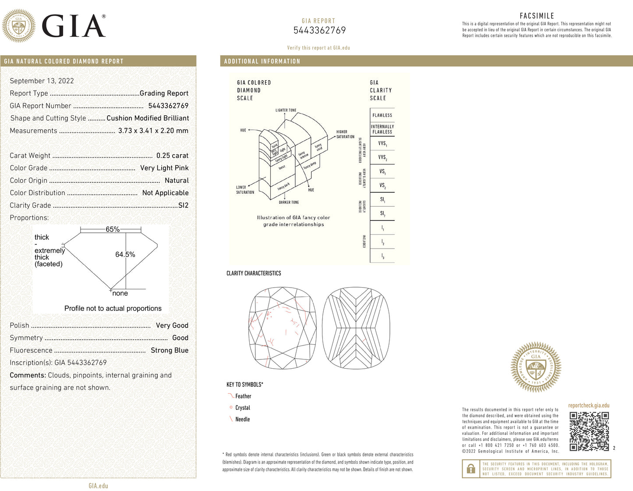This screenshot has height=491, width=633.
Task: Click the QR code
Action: coord(589,431)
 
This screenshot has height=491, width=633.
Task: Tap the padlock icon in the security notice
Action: coord(471,469)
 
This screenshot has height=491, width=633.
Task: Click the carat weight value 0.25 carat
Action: coord(172,156)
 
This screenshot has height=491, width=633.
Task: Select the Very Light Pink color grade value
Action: coord(164,168)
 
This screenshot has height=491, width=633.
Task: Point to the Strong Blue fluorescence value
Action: coord(170,350)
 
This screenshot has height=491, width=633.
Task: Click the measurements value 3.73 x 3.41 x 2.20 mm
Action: coord(153,131)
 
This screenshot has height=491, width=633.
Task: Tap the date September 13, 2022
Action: coord(42,81)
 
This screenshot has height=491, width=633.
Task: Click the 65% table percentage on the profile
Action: coord(113,229)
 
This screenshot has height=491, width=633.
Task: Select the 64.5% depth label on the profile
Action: coord(125,254)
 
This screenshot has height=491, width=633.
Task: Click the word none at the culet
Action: coord(120,293)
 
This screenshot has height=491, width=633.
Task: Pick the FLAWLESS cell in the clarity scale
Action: coord(382,115)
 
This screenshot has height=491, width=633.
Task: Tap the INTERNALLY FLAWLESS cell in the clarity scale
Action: coord(382,129)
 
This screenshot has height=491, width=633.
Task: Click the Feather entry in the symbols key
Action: coord(243,396)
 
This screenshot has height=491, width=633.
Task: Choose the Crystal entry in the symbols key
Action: coord(243,408)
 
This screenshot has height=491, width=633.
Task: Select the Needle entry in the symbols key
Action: coord(242,419)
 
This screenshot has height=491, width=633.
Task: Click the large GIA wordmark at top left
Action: coord(74,26)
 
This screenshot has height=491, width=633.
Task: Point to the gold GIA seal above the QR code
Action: coord(536,367)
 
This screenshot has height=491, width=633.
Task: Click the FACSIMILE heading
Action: coord(537,16)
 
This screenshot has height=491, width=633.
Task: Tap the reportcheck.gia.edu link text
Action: coord(589,406)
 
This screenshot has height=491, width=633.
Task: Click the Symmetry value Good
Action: coord(180,338)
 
